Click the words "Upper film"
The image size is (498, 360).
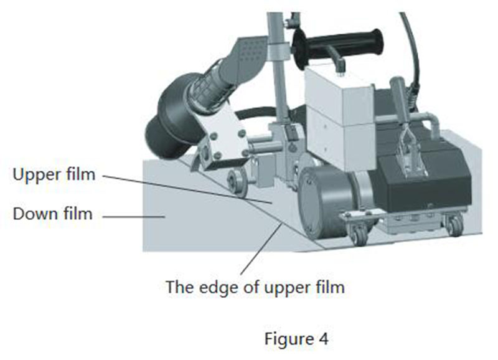[x=54, y=174]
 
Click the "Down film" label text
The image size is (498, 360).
[x=52, y=214]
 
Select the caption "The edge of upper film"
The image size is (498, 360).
[x=255, y=288]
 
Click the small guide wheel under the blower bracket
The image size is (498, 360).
[x=236, y=181]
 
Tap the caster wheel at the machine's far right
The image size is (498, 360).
[x=454, y=225]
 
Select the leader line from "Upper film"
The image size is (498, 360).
[x=187, y=189]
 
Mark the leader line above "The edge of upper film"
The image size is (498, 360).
[x=261, y=249]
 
